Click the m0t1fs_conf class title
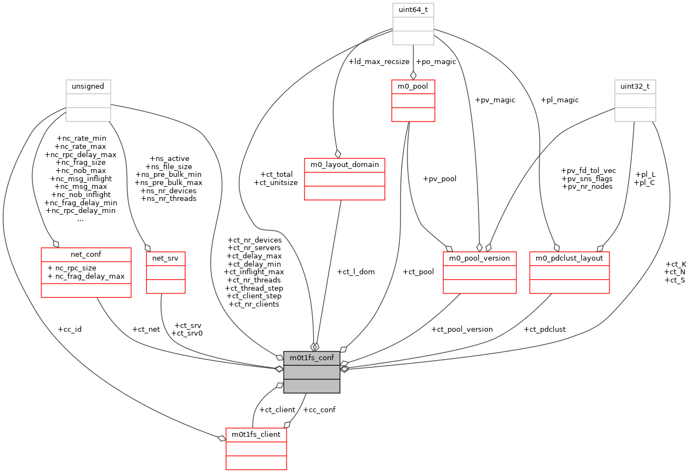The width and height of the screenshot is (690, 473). click(x=312, y=358)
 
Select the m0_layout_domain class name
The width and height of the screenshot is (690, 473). click(x=344, y=165)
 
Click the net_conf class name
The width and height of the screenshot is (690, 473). click(x=86, y=254)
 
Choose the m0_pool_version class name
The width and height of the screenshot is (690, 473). click(x=479, y=258)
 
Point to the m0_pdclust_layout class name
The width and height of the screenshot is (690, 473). click(x=570, y=258)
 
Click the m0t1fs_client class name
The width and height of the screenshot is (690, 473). click(x=256, y=434)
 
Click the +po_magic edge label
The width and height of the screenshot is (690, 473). click(x=436, y=62)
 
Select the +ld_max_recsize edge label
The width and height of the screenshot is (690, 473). click(x=379, y=62)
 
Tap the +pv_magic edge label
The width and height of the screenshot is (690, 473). click(x=495, y=100)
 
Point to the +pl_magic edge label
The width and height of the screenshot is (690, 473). click(x=559, y=100)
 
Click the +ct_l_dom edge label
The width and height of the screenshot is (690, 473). click(x=356, y=272)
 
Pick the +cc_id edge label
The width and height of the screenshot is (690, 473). click(x=70, y=330)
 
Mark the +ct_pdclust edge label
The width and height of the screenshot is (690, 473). click(x=544, y=330)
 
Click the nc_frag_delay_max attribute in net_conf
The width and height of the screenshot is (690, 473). click(x=89, y=276)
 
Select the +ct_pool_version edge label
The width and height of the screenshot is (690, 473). click(x=462, y=330)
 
